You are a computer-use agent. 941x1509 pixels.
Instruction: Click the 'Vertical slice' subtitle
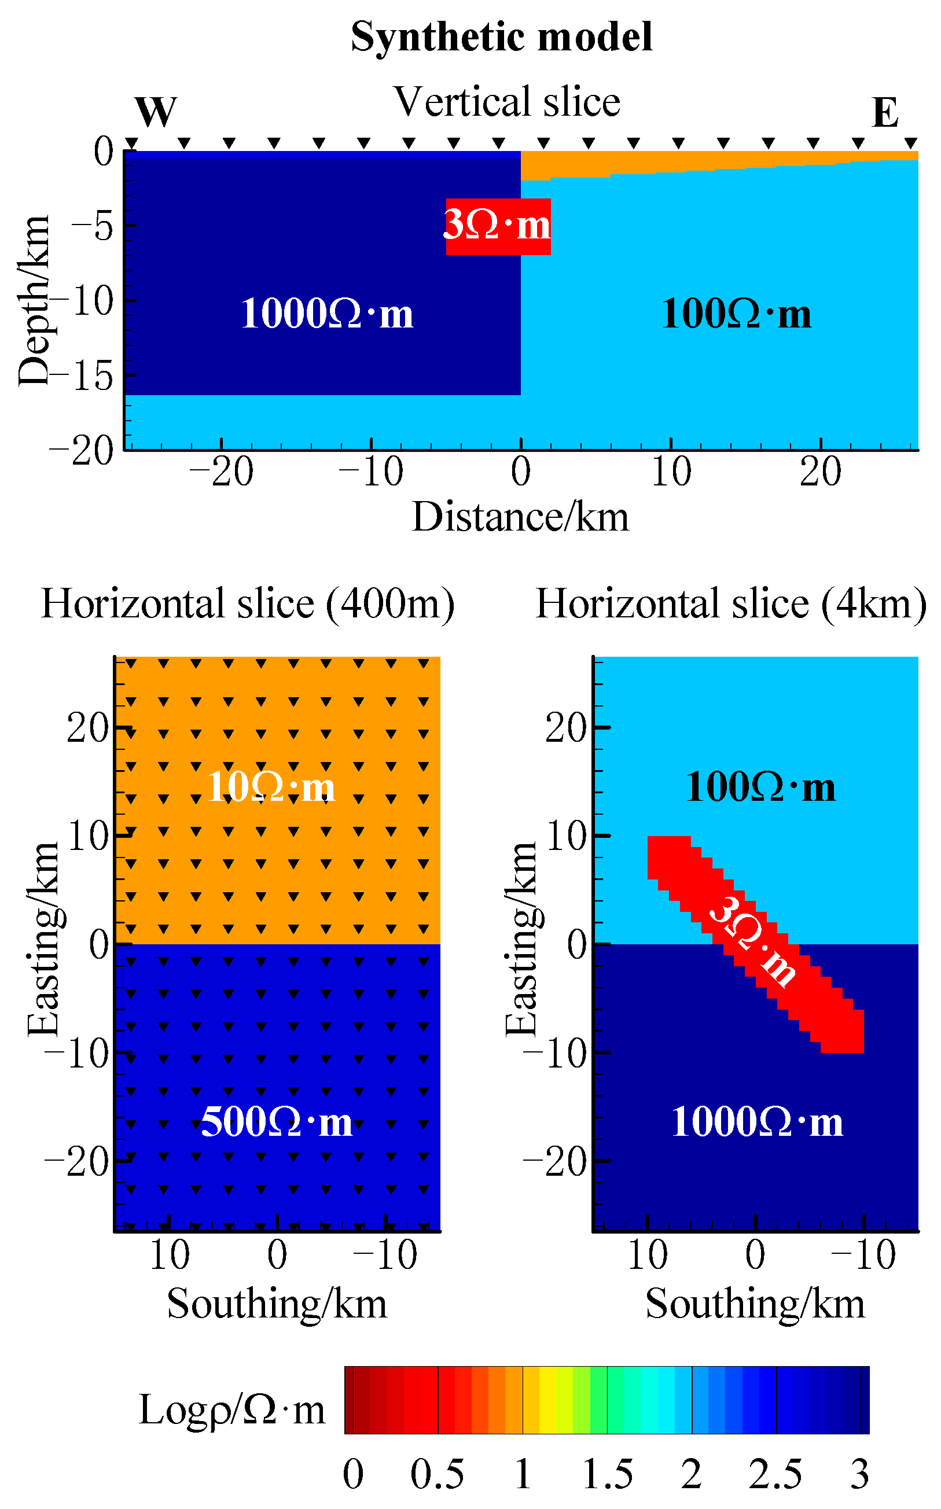pos(507,102)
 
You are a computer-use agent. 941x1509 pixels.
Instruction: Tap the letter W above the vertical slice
pos(156,113)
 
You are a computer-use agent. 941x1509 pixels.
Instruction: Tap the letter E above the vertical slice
pos(885,113)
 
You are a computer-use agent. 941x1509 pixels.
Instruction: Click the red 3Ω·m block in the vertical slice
pos(497,226)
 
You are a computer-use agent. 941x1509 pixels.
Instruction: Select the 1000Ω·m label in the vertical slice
pos(327,313)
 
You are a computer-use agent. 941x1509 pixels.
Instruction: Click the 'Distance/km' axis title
pos(520,517)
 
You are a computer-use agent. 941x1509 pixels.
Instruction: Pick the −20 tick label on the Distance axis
pos(221,472)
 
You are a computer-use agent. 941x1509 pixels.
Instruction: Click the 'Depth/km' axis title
pos(34,301)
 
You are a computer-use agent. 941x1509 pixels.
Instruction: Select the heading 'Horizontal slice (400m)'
pos(248,603)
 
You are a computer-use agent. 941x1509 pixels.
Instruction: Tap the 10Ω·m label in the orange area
pos(271,786)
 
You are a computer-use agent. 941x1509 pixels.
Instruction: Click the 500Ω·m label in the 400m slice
pos(276,1122)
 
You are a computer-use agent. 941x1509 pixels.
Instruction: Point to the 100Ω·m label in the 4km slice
pos(760,786)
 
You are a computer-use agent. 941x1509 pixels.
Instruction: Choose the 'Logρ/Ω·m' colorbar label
pos(231,1409)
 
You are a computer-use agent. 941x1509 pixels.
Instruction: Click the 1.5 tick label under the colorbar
pos(608,1474)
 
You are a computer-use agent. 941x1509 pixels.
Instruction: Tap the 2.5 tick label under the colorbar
pos(775,1474)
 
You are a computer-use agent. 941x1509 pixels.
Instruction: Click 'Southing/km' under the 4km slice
pos(755,1303)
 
